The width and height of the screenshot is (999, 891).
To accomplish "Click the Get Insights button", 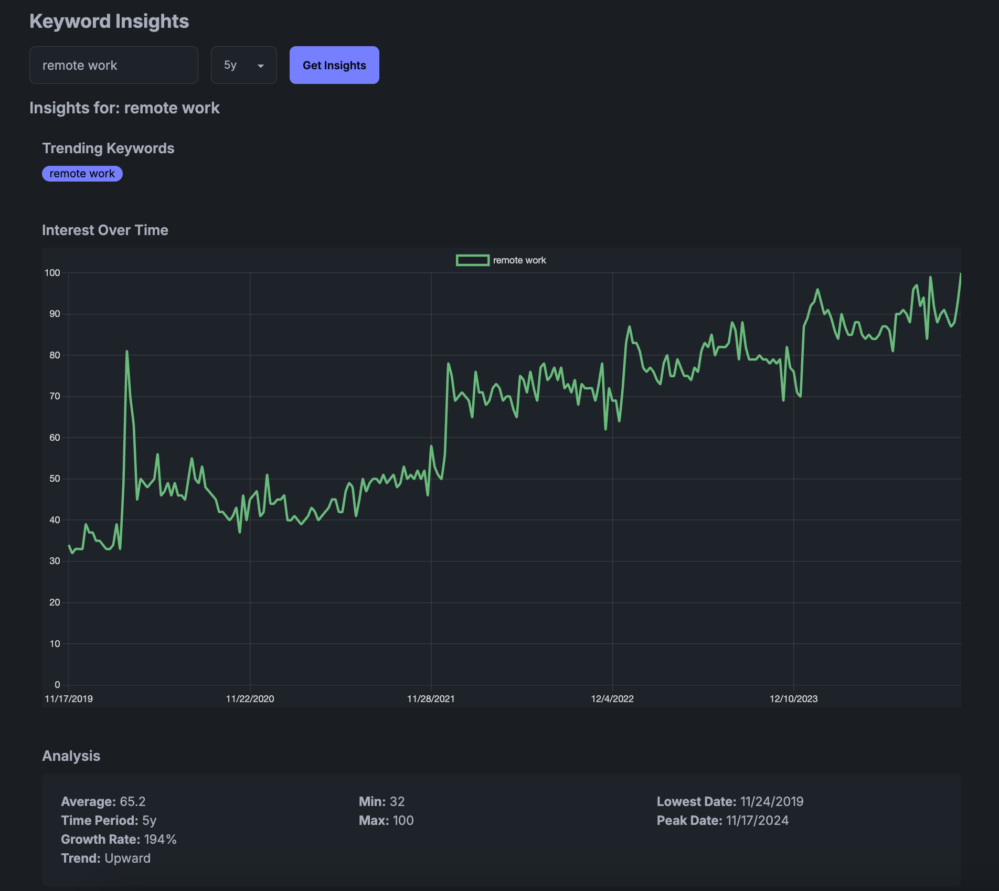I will [334, 65].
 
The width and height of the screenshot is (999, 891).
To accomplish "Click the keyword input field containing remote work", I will [113, 65].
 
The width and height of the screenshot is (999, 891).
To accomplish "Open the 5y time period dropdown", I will [243, 65].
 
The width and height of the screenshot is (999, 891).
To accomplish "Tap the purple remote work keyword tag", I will [82, 174].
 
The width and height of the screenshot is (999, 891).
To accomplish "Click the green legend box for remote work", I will [472, 260].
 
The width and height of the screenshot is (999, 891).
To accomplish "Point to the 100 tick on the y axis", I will [52, 273].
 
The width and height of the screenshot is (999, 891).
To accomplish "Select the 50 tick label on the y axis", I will [55, 479].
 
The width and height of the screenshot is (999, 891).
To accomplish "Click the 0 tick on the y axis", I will [57, 685].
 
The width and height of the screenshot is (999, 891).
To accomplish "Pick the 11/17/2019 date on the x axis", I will [69, 699].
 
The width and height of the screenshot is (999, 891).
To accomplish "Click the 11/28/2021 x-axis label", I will [431, 699].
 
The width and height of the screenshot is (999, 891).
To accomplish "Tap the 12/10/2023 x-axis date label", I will [793, 699].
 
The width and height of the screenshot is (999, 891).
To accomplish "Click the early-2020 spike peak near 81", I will [127, 352].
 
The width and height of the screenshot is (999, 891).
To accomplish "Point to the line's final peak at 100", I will [960, 274].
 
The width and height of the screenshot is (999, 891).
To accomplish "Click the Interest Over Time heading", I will [105, 230].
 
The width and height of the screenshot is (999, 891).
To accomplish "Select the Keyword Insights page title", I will [109, 22].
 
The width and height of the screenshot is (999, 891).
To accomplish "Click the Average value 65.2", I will [133, 801].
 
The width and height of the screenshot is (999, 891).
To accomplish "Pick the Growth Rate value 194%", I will [161, 839].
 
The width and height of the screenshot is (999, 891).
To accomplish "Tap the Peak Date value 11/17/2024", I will [757, 820].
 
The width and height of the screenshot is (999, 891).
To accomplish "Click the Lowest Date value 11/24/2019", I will [772, 801].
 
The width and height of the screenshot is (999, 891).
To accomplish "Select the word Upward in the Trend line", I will [127, 858].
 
